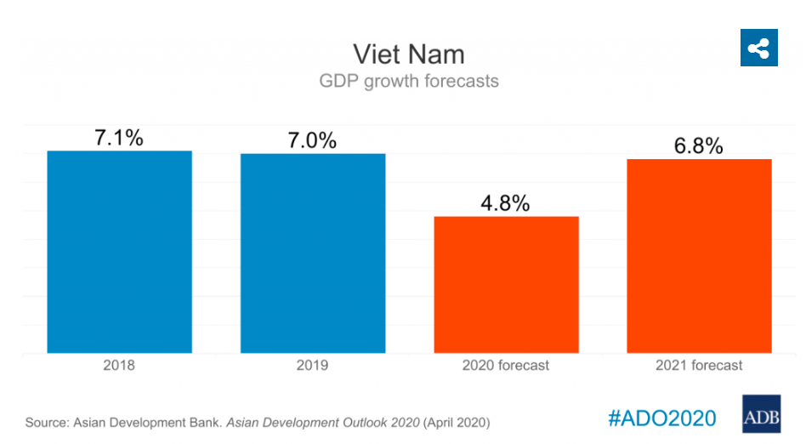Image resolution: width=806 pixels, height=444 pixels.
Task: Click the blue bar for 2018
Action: point(119,252)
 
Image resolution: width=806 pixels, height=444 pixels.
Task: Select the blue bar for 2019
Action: point(313,253)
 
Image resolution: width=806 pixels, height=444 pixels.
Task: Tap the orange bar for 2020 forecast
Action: point(507,284)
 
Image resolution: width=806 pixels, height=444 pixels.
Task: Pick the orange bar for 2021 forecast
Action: point(699,256)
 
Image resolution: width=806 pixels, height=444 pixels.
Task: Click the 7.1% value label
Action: point(119,138)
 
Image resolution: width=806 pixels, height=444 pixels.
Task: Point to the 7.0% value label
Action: point(312,140)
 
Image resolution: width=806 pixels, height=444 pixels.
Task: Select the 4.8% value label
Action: point(506,203)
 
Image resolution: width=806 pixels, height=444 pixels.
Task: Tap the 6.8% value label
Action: point(699,145)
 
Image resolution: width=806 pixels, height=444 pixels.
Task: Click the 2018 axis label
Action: point(119,365)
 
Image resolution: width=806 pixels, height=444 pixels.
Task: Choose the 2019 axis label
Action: point(312,365)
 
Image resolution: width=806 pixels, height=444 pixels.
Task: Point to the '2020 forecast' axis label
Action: point(506,365)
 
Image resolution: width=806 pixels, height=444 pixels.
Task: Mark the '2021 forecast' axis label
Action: point(699,365)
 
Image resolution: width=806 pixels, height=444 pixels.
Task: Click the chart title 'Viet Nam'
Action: point(409,54)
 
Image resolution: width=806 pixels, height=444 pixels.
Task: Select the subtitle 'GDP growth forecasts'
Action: point(409,82)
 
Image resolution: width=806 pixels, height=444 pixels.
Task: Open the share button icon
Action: point(758,48)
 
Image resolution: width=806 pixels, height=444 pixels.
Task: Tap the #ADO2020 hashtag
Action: point(662,418)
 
